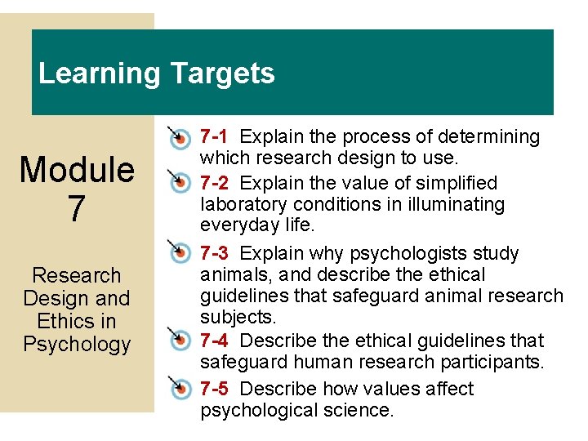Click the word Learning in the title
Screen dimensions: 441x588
tap(100, 73)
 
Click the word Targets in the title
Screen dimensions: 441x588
tap(222, 73)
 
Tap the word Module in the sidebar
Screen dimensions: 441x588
tap(77, 170)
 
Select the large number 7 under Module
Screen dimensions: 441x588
tap(77, 207)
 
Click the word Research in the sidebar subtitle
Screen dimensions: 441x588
tap(77, 276)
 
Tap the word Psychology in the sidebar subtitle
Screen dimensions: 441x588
tap(77, 344)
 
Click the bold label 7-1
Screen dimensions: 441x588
tap(215, 136)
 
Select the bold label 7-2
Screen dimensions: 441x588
tap(215, 183)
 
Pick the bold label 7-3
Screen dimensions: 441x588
tap(215, 253)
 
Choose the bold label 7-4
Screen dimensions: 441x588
tap(215, 340)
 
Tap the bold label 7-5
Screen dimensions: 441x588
tap(215, 389)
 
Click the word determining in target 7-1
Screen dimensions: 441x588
tap(490, 136)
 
